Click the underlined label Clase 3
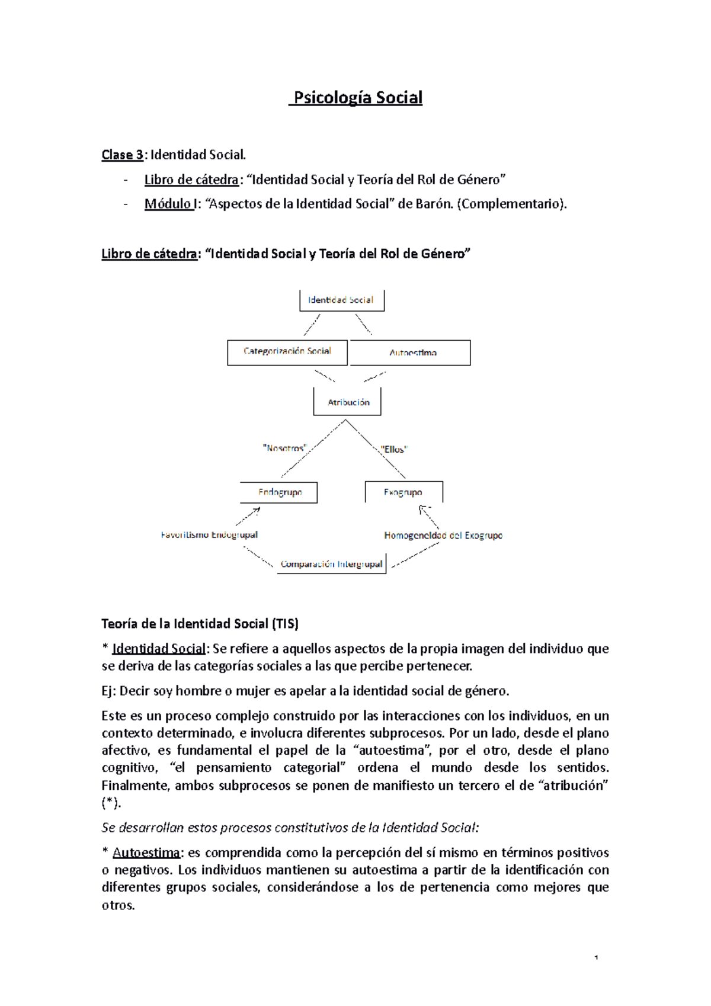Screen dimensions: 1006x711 (122, 155)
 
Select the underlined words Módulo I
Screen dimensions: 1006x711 (169, 204)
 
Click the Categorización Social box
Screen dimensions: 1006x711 (287, 352)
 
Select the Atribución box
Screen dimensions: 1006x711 (348, 402)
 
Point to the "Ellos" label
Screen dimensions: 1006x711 (394, 449)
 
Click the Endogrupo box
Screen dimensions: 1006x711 (279, 492)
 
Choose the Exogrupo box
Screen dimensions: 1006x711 (403, 492)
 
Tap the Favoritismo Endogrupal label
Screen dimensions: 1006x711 (209, 535)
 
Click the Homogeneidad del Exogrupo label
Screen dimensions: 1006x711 (443, 535)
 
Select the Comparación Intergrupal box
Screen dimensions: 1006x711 (331, 564)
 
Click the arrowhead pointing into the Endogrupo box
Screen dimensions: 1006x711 (257, 509)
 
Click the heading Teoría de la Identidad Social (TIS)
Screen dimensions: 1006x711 (200, 623)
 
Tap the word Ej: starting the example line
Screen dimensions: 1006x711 (110, 691)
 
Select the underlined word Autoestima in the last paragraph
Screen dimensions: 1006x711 (146, 853)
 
